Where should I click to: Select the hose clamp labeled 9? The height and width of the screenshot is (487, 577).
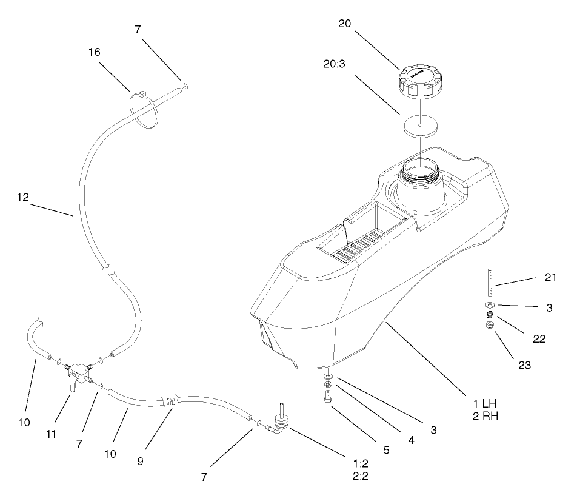pos(170,401)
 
